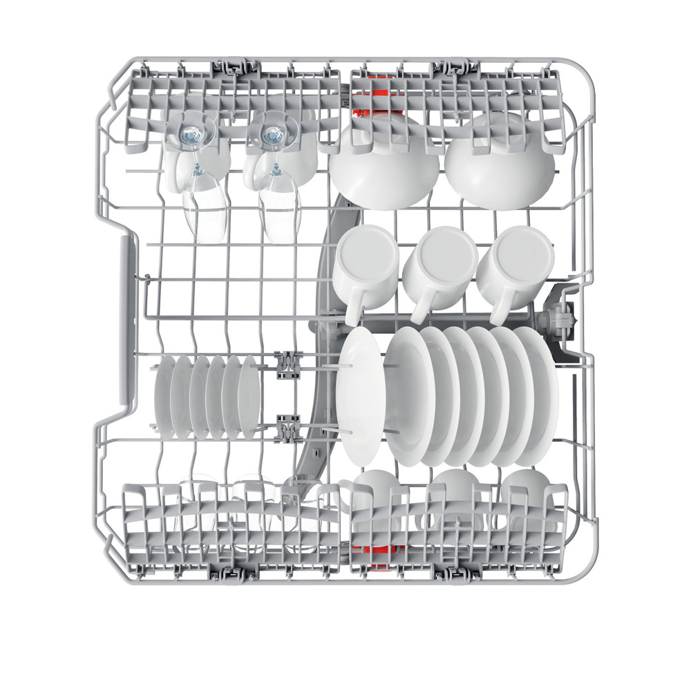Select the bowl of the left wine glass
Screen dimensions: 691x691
(x=205, y=207)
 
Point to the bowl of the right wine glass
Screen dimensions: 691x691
(x=280, y=207)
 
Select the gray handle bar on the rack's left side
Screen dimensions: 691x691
(x=126, y=325)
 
